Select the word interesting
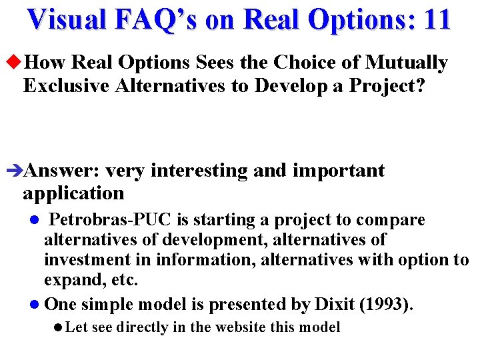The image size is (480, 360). pyautogui.click(x=199, y=171)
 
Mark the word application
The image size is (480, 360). pyautogui.click(x=73, y=194)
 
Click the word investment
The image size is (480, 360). pyautogui.click(x=83, y=260)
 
